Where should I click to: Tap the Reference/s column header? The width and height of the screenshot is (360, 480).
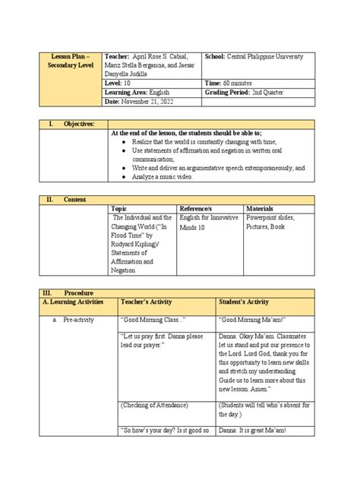coord(196,208)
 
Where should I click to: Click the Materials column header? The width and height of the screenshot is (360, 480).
coord(261,208)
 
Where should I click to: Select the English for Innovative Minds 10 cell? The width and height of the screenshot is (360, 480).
coord(208,222)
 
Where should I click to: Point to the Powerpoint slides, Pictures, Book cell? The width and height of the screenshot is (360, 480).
coord(275,222)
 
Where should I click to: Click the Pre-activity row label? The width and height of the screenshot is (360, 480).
coord(78,320)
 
